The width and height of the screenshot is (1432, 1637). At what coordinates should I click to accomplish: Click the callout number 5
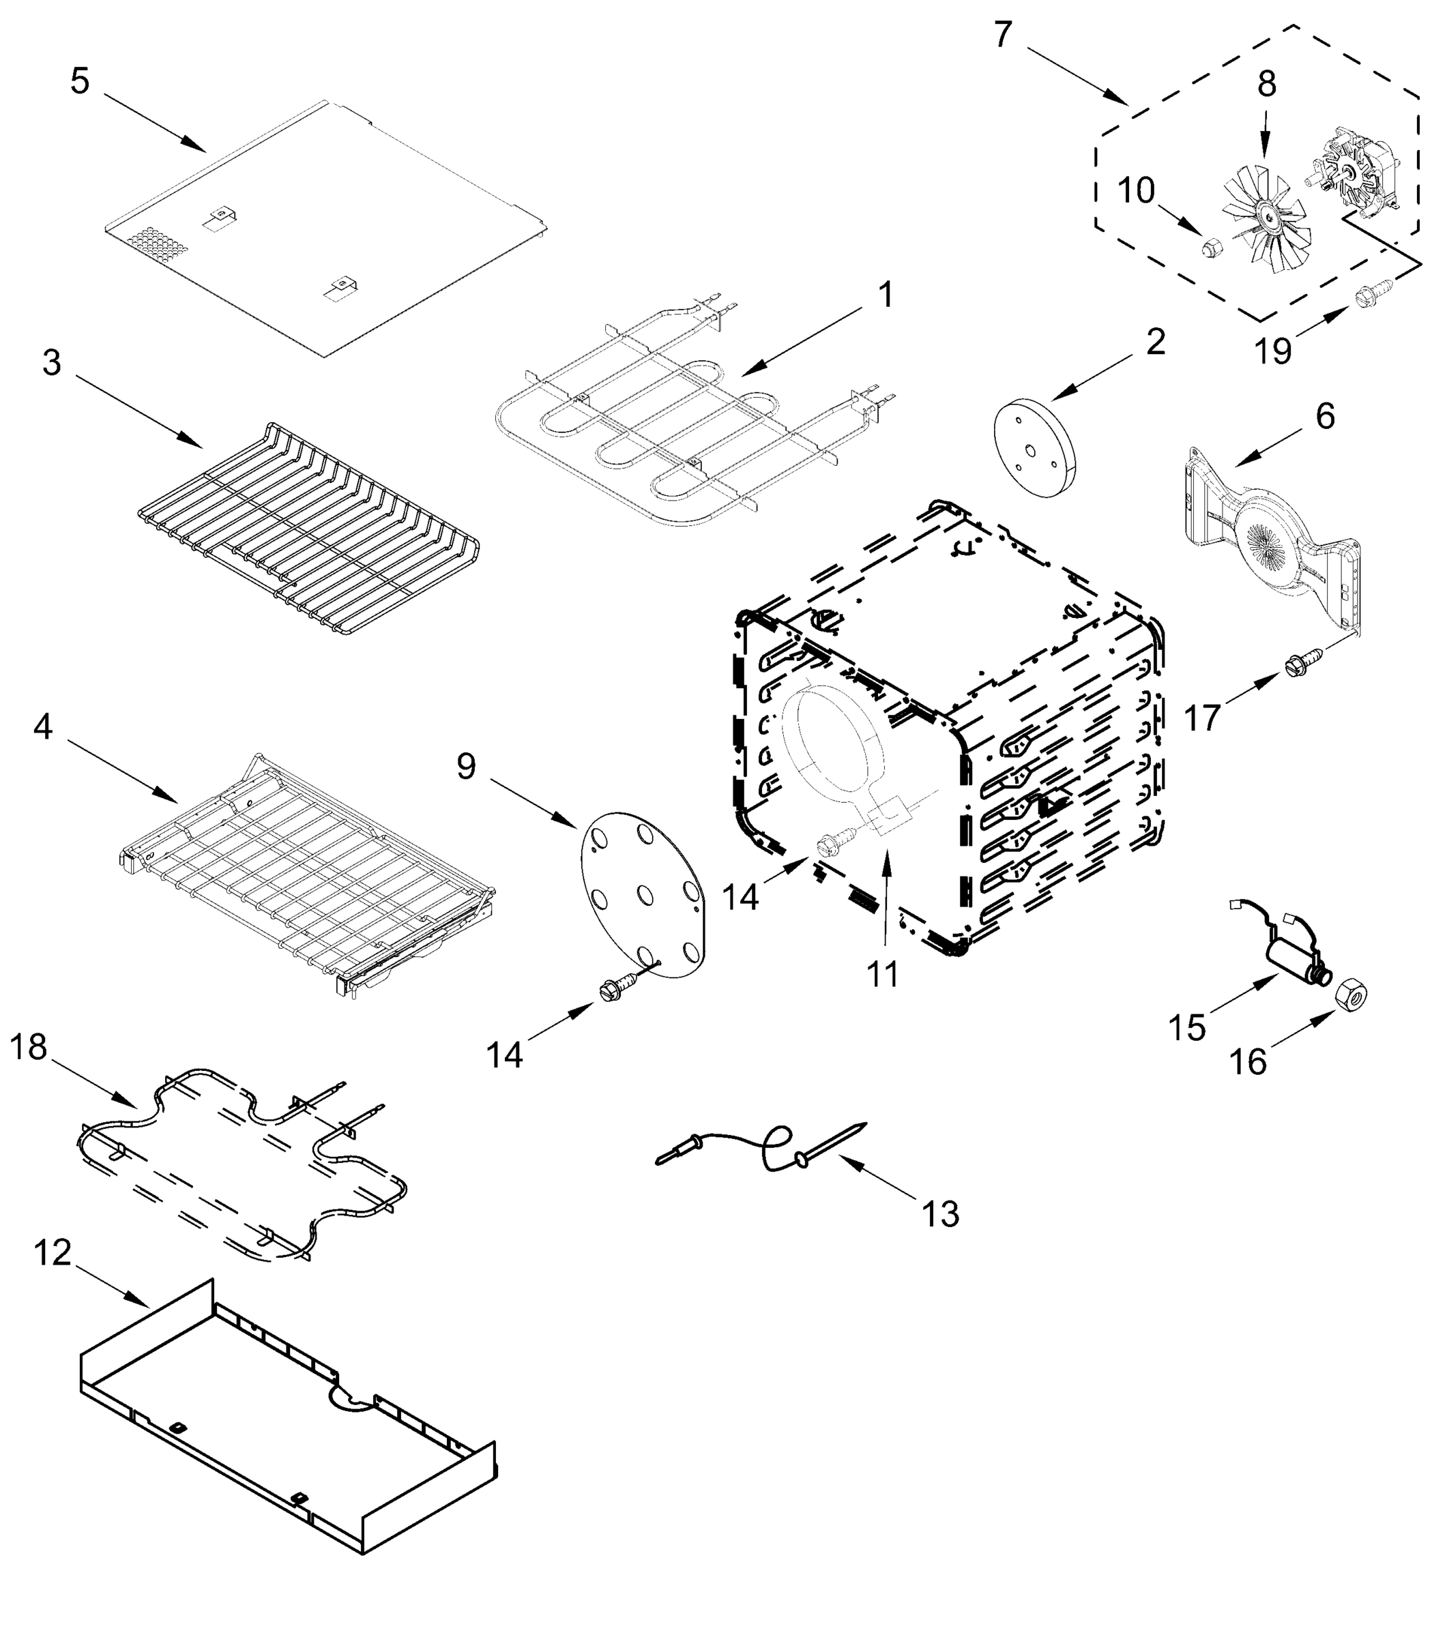point(80,81)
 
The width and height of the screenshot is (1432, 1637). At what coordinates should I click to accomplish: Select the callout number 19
point(1273,351)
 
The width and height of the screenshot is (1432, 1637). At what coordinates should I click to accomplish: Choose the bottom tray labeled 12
point(288,1414)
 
